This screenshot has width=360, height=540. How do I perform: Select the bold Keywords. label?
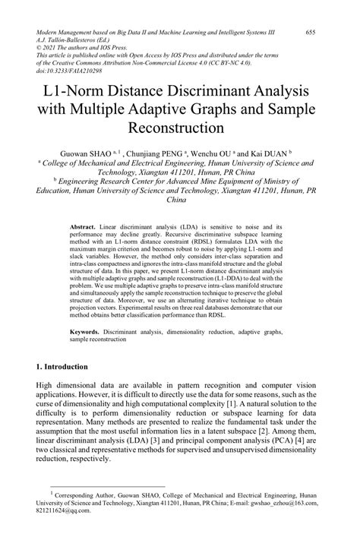tap(86, 331)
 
